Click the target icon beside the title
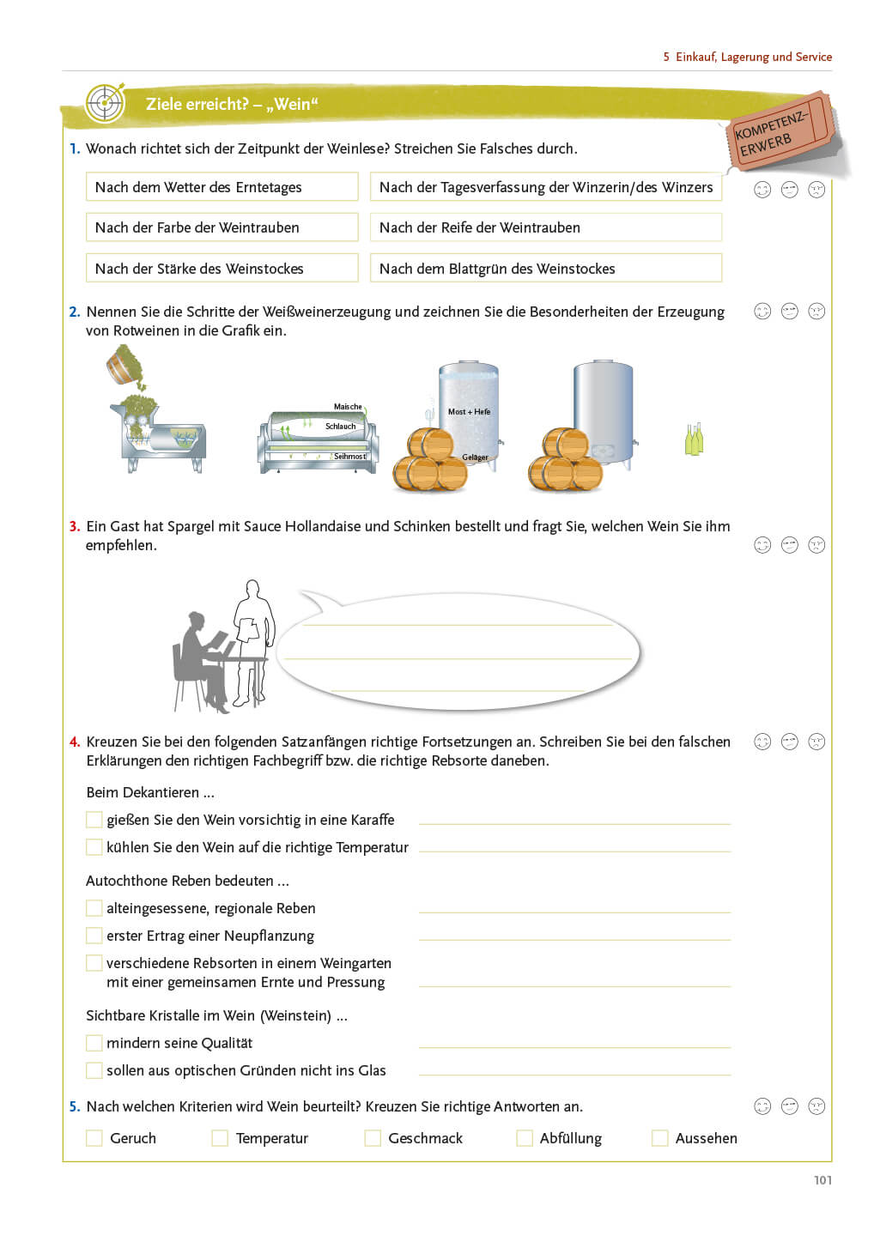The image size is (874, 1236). (106, 104)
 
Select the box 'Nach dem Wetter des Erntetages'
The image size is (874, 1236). (222, 187)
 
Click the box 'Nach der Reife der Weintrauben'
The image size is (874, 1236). (545, 227)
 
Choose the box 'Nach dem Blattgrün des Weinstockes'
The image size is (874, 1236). (545, 269)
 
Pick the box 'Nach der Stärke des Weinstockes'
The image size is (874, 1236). (222, 269)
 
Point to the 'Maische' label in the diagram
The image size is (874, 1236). (348, 407)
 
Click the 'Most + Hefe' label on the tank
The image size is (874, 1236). (469, 412)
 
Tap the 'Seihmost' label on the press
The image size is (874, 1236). (349, 457)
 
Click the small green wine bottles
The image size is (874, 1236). (694, 439)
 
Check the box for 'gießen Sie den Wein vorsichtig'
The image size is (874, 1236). (94, 820)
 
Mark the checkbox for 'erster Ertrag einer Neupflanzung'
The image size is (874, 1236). (94, 936)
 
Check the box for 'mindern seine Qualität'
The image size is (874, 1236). (94, 1043)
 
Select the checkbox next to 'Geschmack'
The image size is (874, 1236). (373, 1138)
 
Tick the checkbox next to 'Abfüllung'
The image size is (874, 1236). (525, 1138)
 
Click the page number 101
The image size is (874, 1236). (822, 1180)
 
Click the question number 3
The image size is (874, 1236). (75, 526)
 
